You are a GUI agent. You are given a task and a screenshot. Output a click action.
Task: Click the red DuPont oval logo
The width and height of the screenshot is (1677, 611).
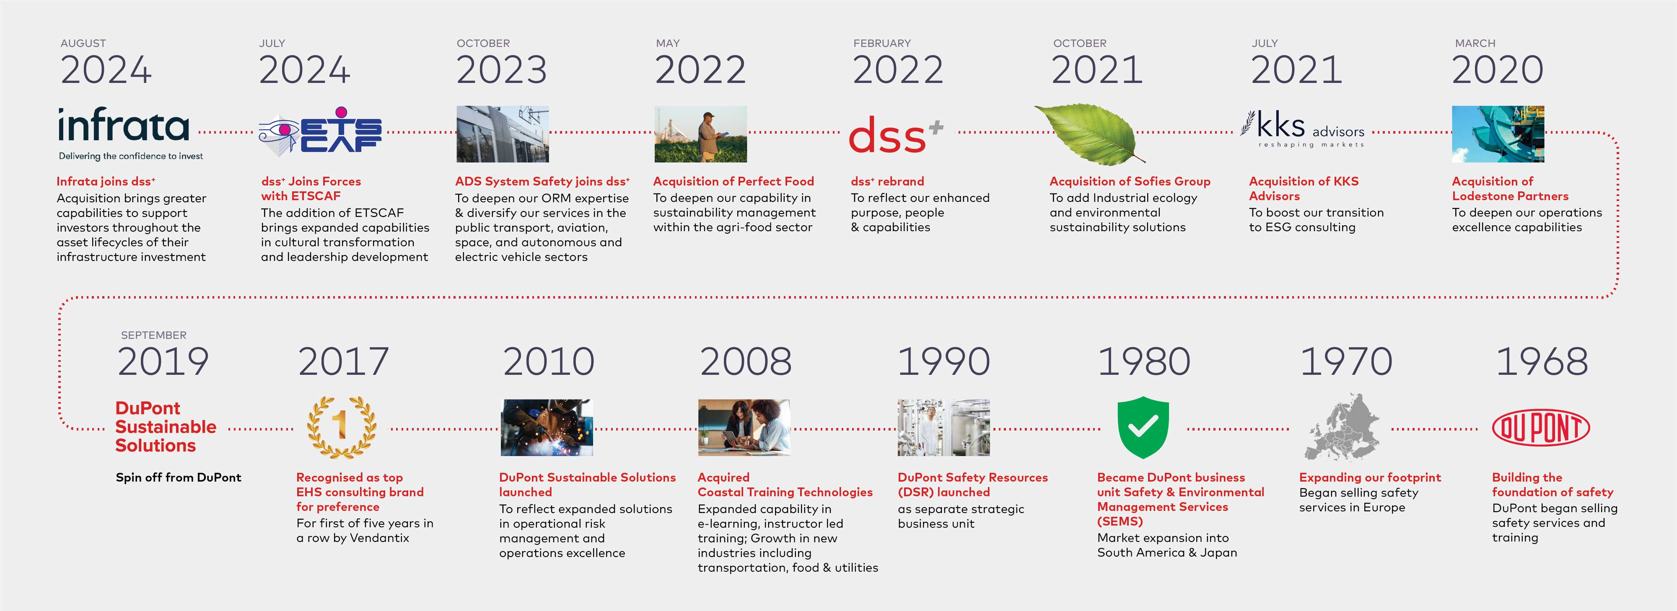[x=1541, y=428]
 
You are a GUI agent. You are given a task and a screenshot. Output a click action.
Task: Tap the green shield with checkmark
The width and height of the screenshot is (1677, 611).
[x=1143, y=428]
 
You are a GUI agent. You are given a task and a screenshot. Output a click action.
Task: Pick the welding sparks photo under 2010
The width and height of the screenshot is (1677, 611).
[x=547, y=428]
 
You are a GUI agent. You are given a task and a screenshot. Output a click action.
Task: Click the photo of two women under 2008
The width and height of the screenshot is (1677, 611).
[x=744, y=428]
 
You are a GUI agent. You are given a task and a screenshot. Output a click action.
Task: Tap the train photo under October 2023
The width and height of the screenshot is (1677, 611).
[x=503, y=134]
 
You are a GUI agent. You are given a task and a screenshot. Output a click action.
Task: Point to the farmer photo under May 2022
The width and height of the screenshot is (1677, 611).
[x=700, y=134]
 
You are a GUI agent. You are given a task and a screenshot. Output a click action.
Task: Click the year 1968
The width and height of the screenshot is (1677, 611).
[x=1542, y=362]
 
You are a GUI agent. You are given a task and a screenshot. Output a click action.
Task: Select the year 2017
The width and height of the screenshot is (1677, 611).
[x=343, y=362]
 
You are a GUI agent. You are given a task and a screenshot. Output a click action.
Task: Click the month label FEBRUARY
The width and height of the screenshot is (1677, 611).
[x=882, y=44]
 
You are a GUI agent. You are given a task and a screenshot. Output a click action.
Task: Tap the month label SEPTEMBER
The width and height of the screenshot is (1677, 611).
[x=154, y=335]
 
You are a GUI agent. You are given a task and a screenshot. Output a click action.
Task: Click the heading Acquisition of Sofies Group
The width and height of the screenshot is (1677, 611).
[x=1130, y=182]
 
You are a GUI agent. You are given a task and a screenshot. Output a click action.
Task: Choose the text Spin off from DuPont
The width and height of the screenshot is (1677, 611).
[x=179, y=477]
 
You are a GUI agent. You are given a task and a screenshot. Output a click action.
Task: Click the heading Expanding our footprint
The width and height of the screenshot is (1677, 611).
[x=1370, y=477]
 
